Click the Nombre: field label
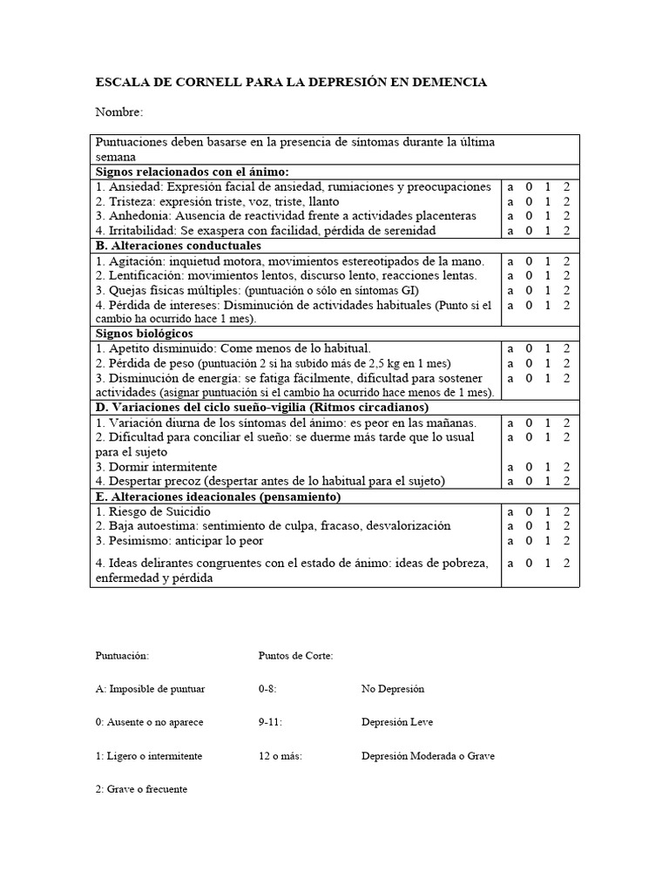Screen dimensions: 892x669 [x=119, y=112]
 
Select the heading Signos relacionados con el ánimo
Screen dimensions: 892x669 [x=192, y=172]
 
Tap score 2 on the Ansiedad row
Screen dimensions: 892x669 [x=566, y=187]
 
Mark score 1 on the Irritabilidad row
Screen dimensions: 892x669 [x=548, y=231]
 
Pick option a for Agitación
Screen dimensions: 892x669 [x=510, y=261]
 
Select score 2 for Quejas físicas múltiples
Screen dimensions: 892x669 [x=566, y=290]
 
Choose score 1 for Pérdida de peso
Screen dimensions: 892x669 [x=548, y=363]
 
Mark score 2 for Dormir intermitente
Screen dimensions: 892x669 [x=566, y=467]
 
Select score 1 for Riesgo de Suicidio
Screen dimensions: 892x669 [x=548, y=511]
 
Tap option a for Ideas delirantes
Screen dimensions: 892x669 [x=510, y=564]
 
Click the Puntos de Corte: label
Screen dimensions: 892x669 [x=296, y=655]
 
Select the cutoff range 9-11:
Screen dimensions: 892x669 [x=271, y=722]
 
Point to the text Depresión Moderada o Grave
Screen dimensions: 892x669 [x=428, y=756]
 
